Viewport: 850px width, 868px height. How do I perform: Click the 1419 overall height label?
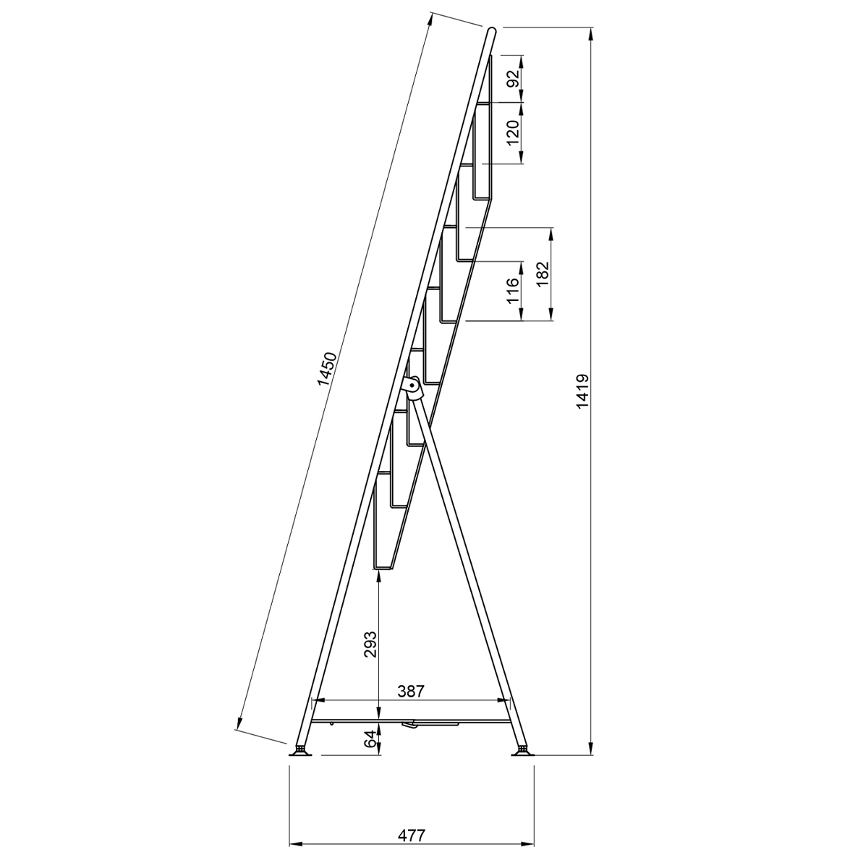click(x=583, y=391)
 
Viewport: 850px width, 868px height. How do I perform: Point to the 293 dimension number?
click(x=370, y=644)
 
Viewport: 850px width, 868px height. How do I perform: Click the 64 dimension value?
click(x=370, y=739)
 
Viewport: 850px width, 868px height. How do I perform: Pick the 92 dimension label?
click(x=514, y=79)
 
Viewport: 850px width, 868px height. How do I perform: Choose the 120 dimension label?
click(x=514, y=132)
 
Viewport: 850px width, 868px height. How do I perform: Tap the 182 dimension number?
click(x=543, y=274)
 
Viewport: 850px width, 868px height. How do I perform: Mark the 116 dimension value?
click(x=514, y=291)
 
